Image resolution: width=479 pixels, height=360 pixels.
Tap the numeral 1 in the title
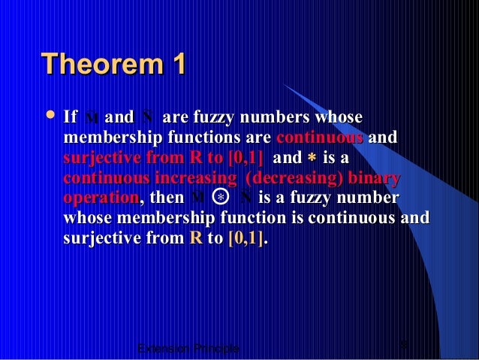point(178,65)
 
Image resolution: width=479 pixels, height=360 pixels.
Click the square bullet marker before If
point(50,116)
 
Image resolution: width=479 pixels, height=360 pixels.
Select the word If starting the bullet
point(71,118)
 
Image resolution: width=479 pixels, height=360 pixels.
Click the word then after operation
point(166,198)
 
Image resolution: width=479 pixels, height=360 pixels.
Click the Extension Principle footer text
point(189,349)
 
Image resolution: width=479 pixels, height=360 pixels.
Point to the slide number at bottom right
point(405,345)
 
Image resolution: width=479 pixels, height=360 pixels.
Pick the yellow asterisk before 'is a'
point(311,159)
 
